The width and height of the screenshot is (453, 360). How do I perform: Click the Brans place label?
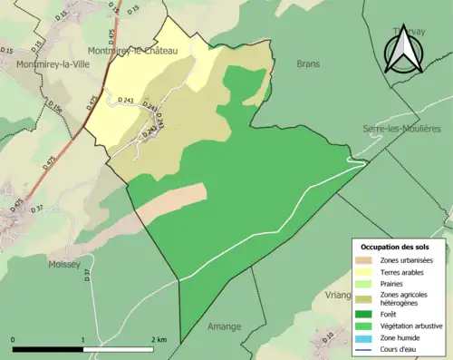[308, 63]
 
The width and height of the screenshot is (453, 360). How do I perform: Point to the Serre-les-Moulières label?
[401, 129]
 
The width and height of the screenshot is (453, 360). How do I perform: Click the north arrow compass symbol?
[402, 47]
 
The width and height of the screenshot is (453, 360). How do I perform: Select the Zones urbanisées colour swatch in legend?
[366, 260]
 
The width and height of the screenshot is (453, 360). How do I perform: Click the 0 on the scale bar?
[14, 340]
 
